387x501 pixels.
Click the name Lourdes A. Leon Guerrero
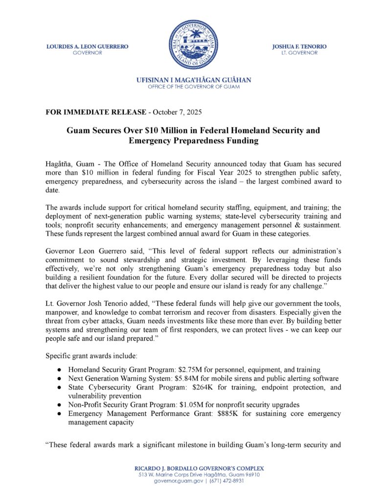coord(87,46)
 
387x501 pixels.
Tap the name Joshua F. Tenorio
coord(299,46)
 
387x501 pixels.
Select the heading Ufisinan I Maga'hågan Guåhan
coord(194,80)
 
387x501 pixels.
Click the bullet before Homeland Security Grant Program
coord(59,370)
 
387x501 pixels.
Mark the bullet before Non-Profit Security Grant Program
coord(59,405)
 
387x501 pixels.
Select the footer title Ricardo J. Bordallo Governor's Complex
coord(193,468)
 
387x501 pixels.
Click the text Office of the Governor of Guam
coord(194,87)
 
